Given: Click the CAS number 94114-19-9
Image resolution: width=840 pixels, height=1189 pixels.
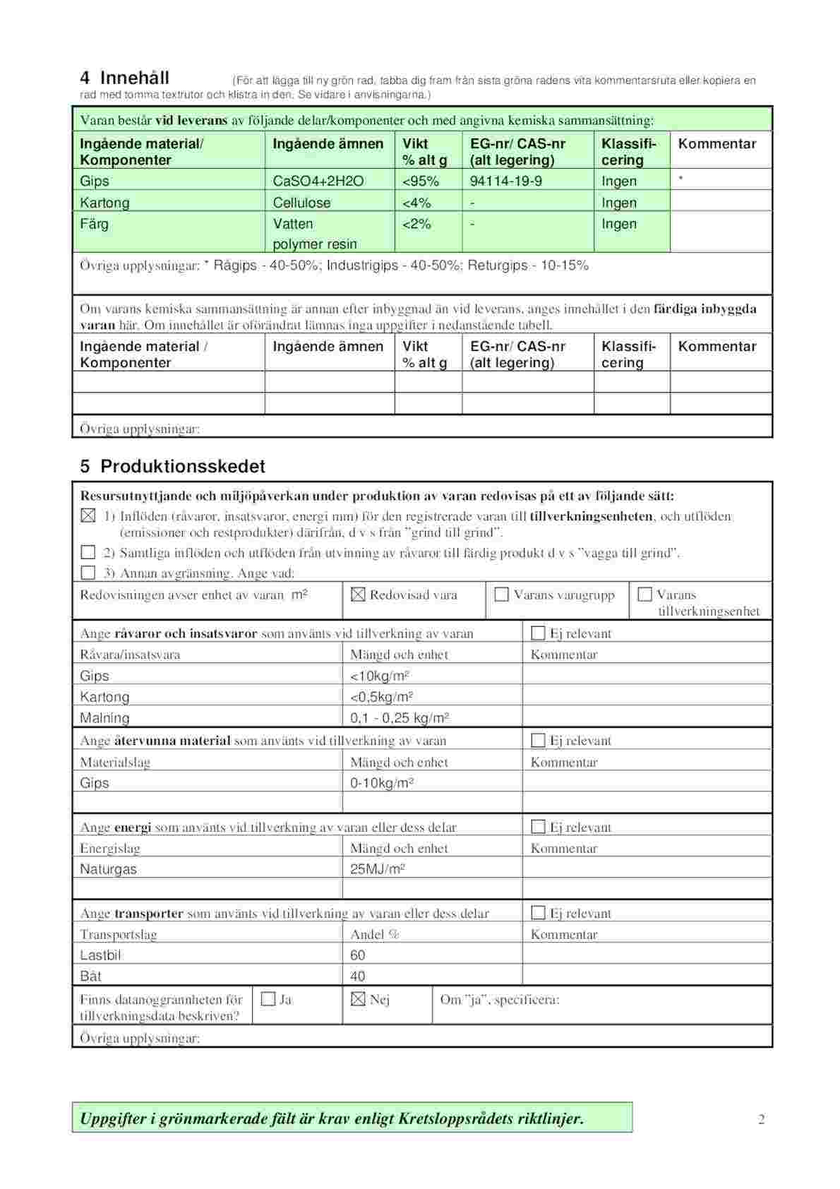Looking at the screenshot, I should pyautogui.click(x=505, y=181).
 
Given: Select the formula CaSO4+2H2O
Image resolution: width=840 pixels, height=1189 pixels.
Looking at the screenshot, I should pyautogui.click(x=318, y=181).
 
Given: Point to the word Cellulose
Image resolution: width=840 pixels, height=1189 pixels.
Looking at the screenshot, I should pyautogui.click(x=301, y=203).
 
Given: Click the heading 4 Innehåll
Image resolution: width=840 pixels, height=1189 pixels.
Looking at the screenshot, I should pyautogui.click(x=124, y=78).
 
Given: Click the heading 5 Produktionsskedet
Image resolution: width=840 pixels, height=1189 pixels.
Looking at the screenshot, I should pyautogui.click(x=172, y=467).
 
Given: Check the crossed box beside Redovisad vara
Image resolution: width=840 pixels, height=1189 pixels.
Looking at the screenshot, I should pyautogui.click(x=358, y=595).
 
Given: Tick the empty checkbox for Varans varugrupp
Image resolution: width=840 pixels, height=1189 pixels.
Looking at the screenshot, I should pyautogui.click(x=502, y=594).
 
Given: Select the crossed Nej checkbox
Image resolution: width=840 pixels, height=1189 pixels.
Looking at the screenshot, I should pyautogui.click(x=358, y=999).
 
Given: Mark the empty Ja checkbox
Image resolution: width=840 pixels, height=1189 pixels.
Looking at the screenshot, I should pyautogui.click(x=268, y=999).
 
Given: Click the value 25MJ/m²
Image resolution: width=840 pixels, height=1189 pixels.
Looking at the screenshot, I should pyautogui.click(x=378, y=869).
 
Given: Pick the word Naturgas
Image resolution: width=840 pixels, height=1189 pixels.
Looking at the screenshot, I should pyautogui.click(x=108, y=869).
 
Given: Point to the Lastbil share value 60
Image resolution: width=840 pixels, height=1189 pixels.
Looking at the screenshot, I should pyautogui.click(x=358, y=955).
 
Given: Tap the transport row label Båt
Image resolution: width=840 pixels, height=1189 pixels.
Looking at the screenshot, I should pyautogui.click(x=90, y=976).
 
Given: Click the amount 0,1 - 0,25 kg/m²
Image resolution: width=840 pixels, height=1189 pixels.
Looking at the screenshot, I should pyautogui.click(x=400, y=718).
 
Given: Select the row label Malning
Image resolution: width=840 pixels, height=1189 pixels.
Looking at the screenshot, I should pyautogui.click(x=104, y=718).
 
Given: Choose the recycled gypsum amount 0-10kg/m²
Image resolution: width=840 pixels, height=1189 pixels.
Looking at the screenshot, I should pyautogui.click(x=382, y=783).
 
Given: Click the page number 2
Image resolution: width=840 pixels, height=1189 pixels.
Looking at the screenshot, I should pyautogui.click(x=761, y=1119).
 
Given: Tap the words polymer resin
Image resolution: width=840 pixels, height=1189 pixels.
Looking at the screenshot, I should pyautogui.click(x=315, y=244).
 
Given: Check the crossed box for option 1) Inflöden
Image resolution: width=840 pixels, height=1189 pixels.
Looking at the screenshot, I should pyautogui.click(x=88, y=516).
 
